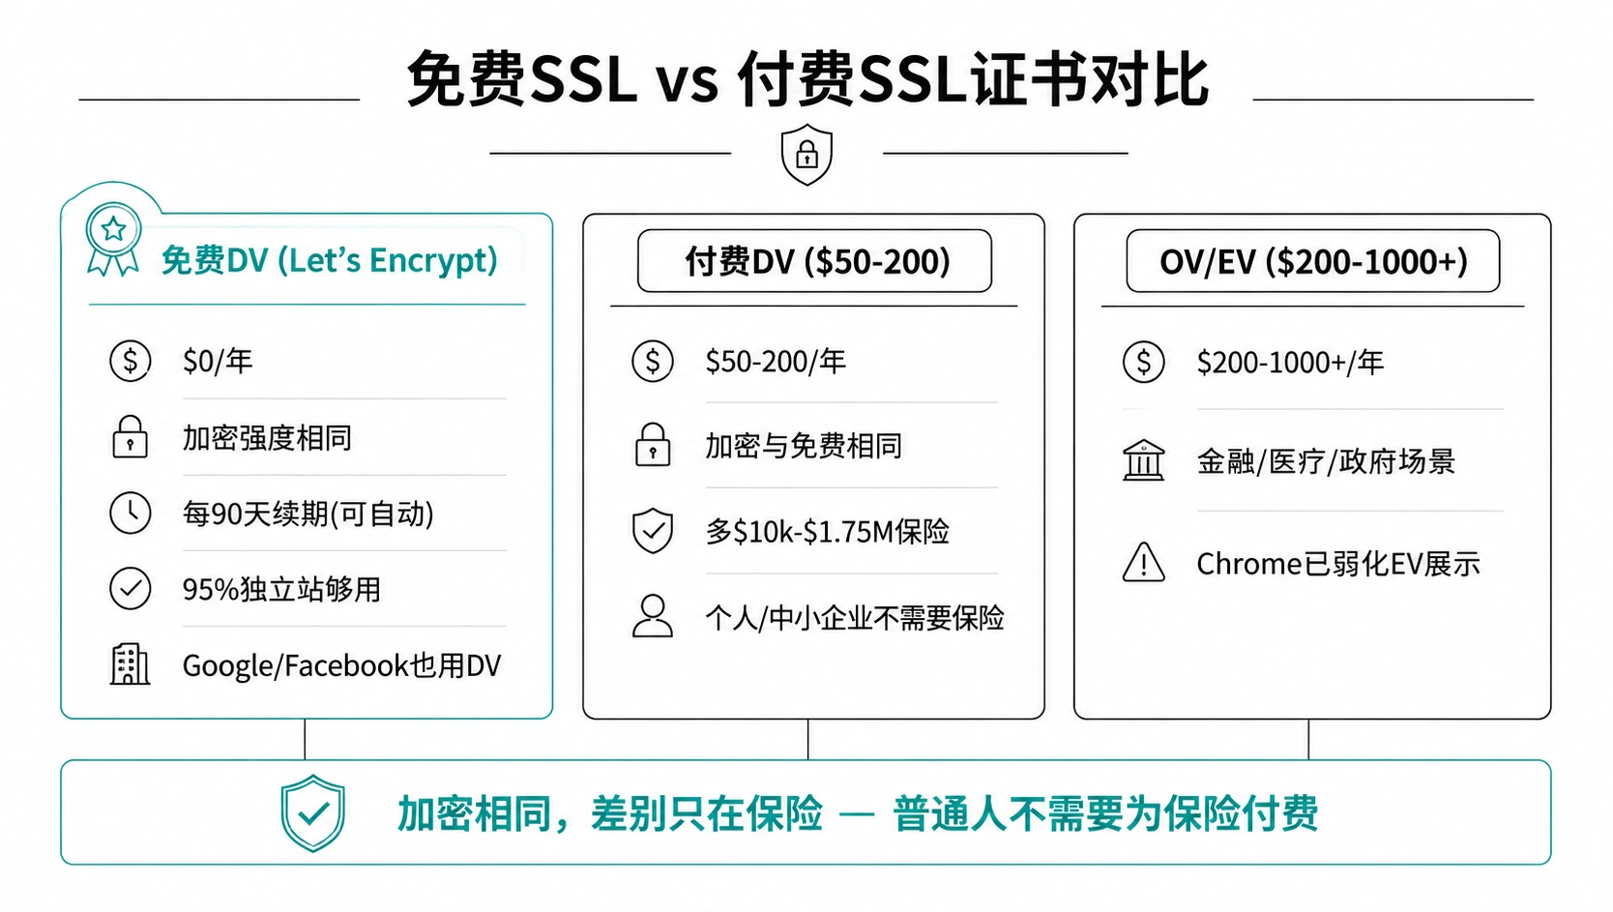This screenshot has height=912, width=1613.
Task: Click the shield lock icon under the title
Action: (806, 154)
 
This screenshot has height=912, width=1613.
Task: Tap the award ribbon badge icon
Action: (113, 239)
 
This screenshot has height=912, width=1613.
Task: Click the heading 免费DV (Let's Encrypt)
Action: (329, 260)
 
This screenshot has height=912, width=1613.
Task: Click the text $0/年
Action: (218, 361)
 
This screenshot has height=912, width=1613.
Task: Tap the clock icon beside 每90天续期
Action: (131, 513)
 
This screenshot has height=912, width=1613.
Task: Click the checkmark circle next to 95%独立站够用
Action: (131, 589)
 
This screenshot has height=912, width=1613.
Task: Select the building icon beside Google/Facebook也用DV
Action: (130, 664)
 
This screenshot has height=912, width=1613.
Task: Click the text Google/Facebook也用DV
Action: (341, 665)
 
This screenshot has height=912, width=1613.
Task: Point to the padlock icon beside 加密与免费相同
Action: (653, 444)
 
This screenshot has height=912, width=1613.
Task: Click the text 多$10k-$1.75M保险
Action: (828, 532)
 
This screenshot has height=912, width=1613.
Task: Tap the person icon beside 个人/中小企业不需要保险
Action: (653, 616)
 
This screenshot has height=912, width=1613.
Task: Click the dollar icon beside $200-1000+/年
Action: (1143, 362)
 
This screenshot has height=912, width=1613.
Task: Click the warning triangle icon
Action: (1143, 562)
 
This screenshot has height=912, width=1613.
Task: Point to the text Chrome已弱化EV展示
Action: (1338, 564)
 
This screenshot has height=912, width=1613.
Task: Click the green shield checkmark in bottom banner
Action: (312, 813)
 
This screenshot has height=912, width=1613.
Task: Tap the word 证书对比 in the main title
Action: (1089, 79)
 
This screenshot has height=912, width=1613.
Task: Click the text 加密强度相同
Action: (267, 438)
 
